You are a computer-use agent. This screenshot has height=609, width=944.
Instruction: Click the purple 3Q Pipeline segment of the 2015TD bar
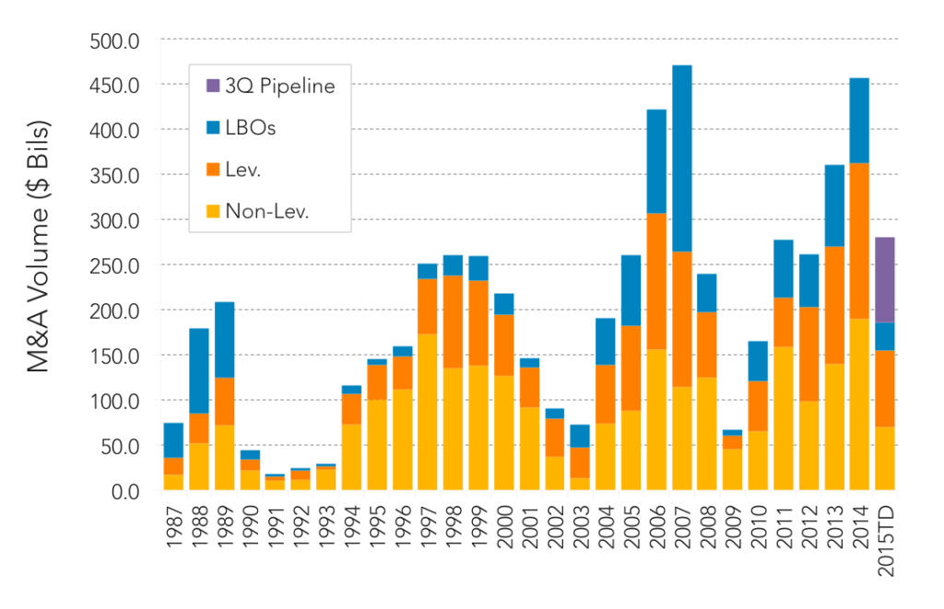click(884, 280)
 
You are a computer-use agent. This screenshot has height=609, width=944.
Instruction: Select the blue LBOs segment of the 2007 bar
click(681, 158)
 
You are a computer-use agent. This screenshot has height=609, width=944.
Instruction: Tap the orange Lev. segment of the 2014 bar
click(859, 240)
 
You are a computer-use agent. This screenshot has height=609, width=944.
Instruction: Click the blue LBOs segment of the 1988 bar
click(199, 370)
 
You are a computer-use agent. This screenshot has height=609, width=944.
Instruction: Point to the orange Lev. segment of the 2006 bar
click(656, 281)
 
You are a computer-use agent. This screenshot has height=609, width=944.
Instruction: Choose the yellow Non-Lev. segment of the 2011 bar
click(784, 418)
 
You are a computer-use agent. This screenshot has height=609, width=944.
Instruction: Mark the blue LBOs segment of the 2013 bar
click(833, 205)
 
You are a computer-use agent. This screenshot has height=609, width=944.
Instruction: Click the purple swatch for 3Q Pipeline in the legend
click(213, 86)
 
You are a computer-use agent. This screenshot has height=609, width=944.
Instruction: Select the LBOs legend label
click(251, 128)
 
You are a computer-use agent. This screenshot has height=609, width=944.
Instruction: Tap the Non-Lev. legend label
click(266, 211)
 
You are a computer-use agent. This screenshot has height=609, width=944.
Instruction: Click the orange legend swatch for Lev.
click(213, 170)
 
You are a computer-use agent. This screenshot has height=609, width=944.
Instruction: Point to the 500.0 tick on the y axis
click(114, 41)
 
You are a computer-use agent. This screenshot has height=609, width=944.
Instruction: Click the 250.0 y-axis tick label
click(114, 266)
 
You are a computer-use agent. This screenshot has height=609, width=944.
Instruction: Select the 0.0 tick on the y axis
click(125, 492)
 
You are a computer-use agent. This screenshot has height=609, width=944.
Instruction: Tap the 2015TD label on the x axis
click(886, 541)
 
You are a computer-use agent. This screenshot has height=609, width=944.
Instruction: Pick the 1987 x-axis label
click(174, 527)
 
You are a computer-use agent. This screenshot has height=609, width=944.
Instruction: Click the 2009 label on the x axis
click(733, 527)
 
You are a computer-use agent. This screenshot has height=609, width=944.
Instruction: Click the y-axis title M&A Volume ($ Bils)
click(38, 247)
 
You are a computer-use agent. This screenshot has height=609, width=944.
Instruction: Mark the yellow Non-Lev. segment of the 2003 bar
click(580, 484)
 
